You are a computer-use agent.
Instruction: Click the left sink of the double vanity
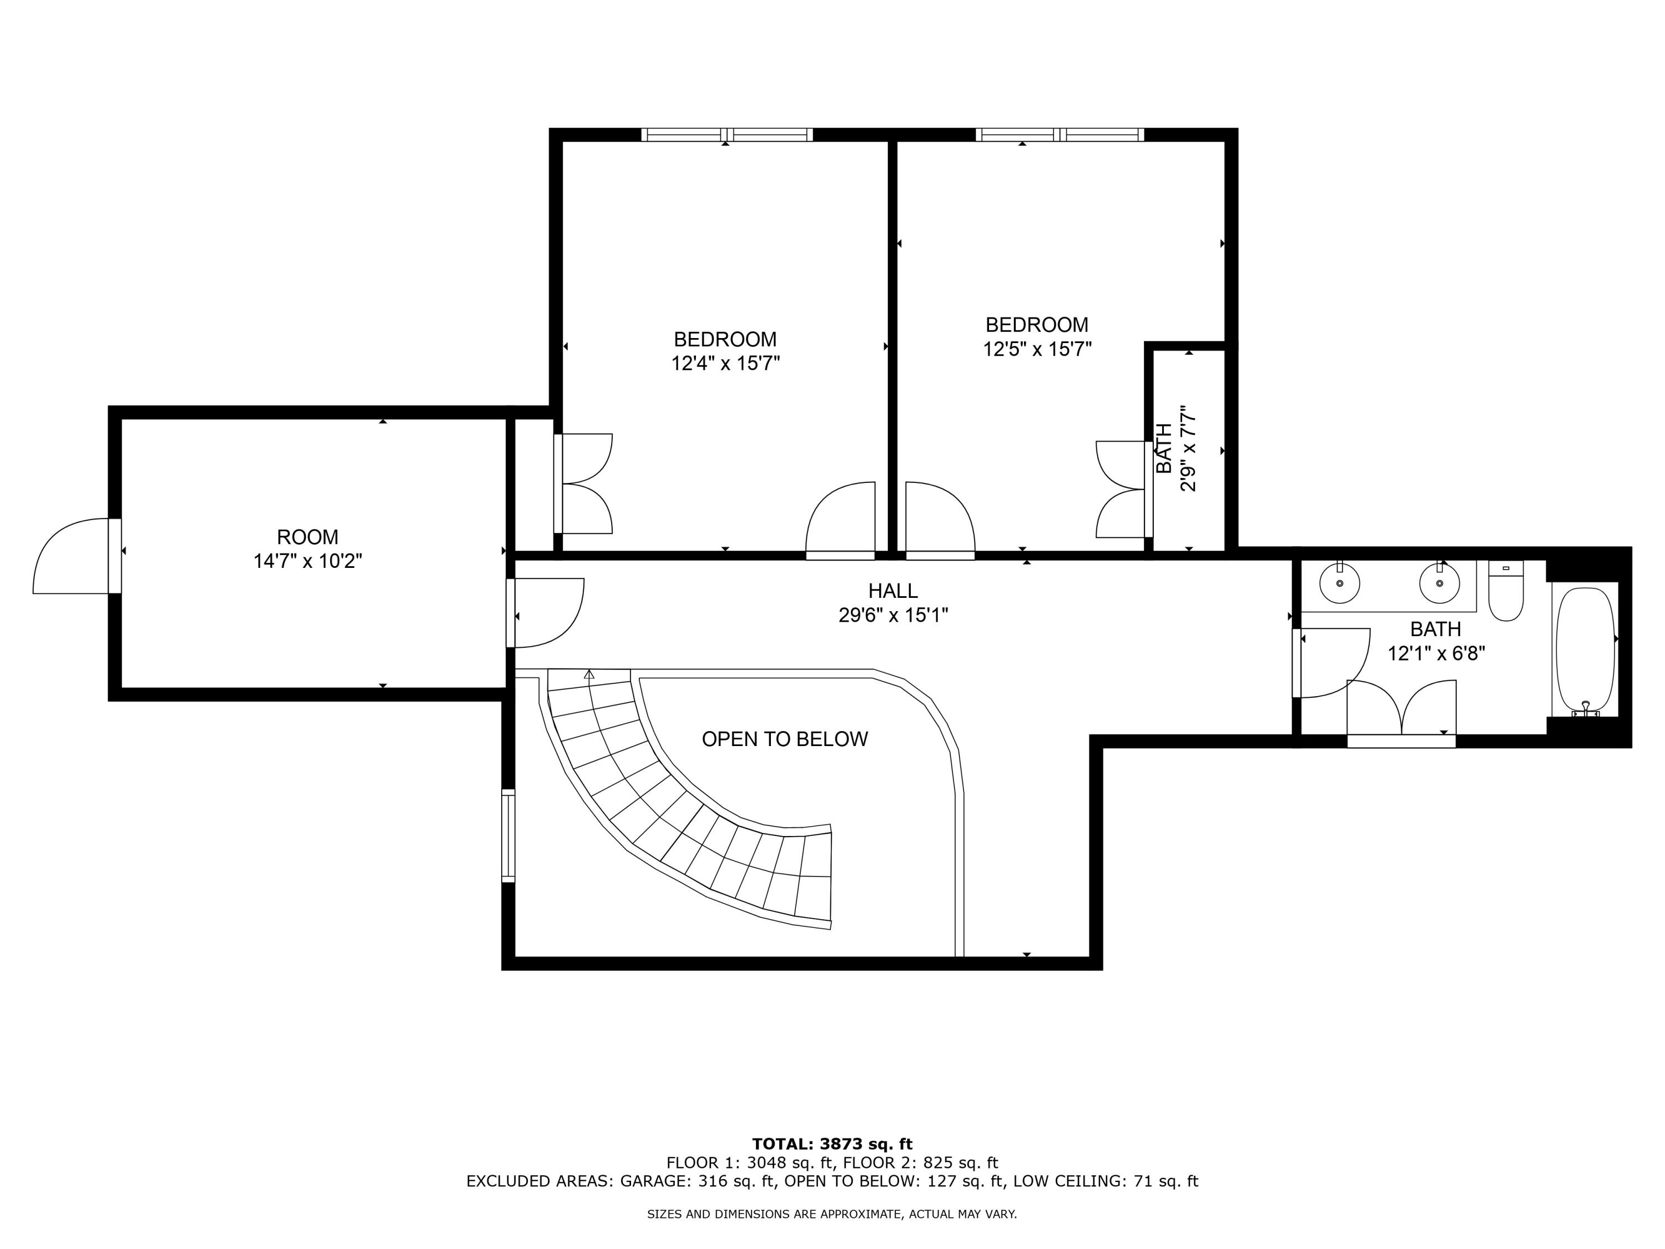(1340, 583)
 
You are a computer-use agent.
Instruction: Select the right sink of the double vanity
(1439, 583)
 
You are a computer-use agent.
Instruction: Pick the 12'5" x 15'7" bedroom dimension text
(1037, 349)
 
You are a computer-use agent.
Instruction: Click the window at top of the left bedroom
(726, 135)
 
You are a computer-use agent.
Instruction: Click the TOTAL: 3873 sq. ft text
(832, 1144)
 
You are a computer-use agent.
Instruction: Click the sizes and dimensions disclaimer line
(832, 1213)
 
